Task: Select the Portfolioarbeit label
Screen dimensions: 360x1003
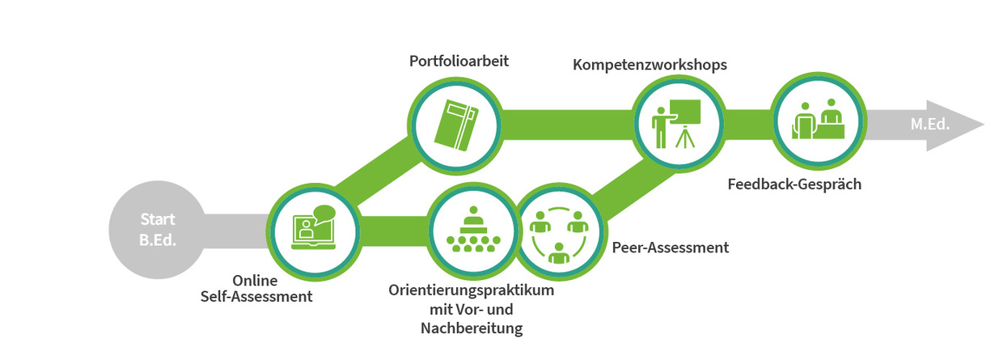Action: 459,60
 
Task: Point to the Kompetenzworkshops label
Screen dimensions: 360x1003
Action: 650,64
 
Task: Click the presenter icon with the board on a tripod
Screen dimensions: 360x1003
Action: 675,125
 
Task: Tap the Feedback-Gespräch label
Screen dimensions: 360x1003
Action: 795,184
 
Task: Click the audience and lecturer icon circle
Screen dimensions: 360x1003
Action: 471,229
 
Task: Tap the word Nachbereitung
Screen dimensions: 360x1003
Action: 472,328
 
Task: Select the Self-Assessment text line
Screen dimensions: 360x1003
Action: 256,297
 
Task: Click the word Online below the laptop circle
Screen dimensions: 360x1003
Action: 256,281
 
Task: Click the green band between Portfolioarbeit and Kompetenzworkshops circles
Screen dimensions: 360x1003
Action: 566,125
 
